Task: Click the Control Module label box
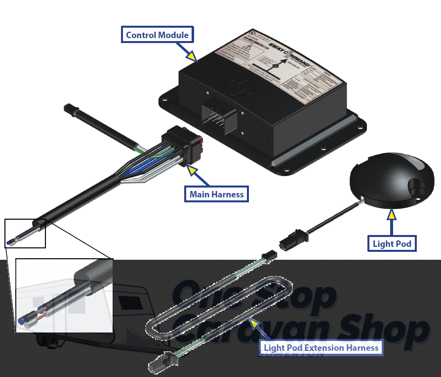pyautogui.click(x=157, y=35)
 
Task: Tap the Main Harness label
pyautogui.click(x=216, y=194)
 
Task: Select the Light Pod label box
pyautogui.click(x=392, y=243)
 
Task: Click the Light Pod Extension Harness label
pyautogui.click(x=321, y=348)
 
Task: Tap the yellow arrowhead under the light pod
pyautogui.click(x=392, y=214)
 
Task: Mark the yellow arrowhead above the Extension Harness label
pyautogui.click(x=254, y=323)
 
